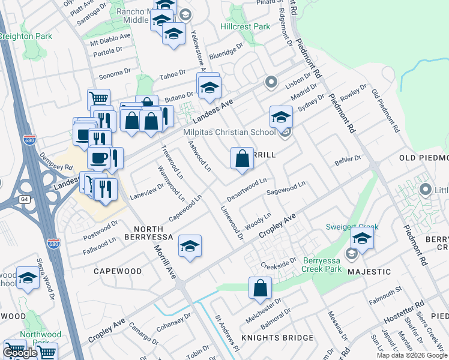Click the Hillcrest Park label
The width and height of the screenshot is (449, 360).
[x=245, y=26]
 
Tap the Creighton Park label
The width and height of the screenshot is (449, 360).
[x=26, y=37]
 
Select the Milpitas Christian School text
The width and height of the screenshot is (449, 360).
[x=230, y=132]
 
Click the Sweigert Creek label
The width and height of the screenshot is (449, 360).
[x=352, y=227]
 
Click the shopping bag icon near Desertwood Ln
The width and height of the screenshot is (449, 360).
[x=242, y=160]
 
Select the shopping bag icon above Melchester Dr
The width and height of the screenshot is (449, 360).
[x=261, y=289]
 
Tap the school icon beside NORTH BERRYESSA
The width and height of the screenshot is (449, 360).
[x=190, y=247]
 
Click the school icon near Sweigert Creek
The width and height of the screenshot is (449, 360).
[x=362, y=239]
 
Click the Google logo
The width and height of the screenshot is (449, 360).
[x=20, y=353]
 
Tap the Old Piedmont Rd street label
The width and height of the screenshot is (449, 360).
[x=385, y=111]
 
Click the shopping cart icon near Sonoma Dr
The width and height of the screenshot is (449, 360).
[x=98, y=99]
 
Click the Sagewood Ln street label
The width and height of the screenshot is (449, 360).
[x=286, y=190]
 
